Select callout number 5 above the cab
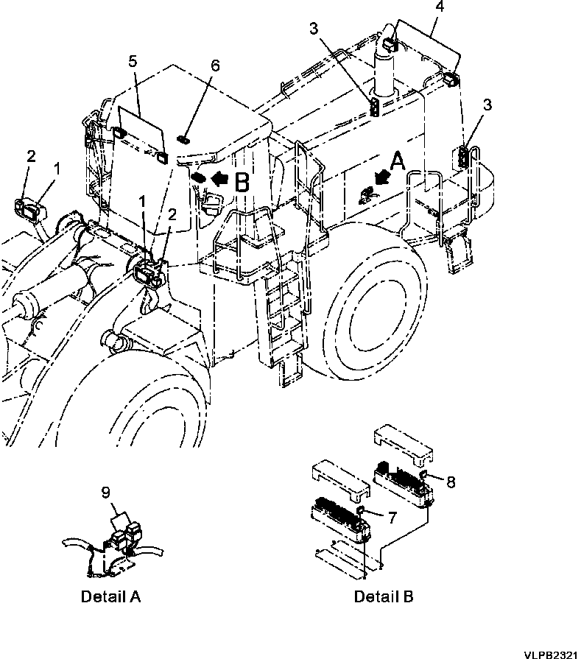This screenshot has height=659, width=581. [132, 63]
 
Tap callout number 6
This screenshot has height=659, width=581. [215, 66]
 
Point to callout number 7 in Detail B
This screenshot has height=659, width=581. [392, 518]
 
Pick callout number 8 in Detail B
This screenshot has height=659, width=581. [451, 482]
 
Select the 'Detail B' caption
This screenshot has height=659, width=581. [384, 597]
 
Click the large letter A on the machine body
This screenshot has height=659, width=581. [397, 162]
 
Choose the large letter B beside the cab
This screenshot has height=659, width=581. [242, 182]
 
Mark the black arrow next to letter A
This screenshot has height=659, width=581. [381, 177]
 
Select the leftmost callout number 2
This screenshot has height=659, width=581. [31, 155]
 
